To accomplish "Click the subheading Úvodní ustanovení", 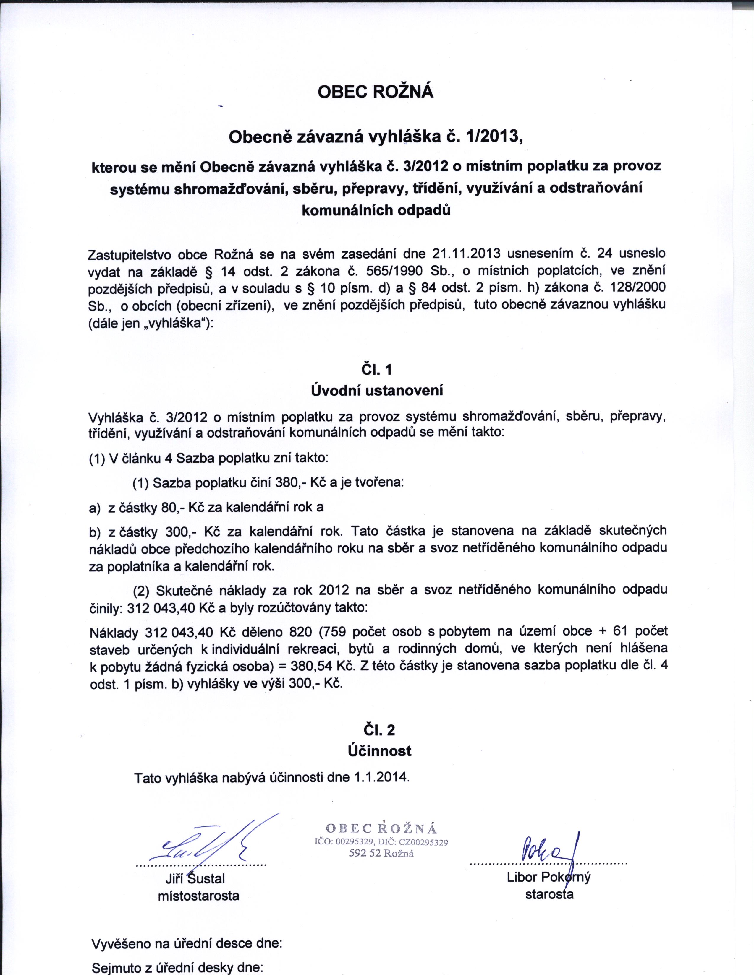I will [x=376, y=391].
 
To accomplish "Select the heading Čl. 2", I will [x=379, y=730].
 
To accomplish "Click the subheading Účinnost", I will [x=379, y=751].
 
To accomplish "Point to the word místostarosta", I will [x=198, y=896].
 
